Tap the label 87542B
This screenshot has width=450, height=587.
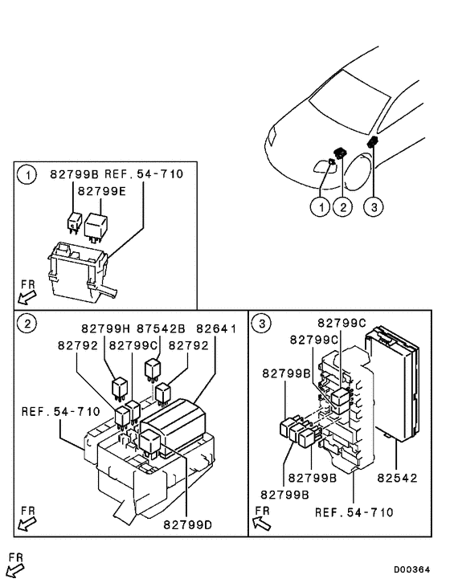pos(161,329)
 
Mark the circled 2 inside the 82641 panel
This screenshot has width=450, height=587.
pos(27,324)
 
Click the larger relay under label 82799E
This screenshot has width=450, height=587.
pos(99,226)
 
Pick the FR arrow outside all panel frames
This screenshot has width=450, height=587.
pos(15,565)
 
